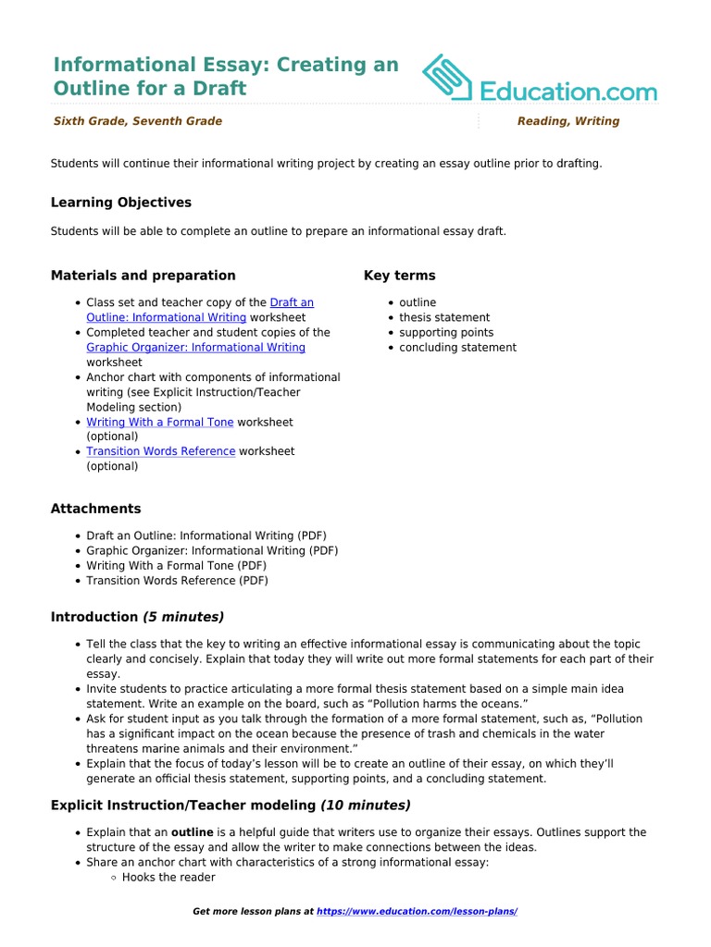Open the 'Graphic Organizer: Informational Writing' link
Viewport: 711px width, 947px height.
pos(195,348)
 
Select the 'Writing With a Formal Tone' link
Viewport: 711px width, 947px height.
pos(159,422)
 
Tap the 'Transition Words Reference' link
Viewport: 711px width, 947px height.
pos(160,451)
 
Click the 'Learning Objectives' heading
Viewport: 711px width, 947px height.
pos(120,202)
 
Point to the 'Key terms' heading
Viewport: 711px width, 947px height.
pos(399,276)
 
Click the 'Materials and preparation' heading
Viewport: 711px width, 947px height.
pos(143,276)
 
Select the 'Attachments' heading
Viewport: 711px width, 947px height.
pos(95,509)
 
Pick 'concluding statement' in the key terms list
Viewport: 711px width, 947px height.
pos(457,348)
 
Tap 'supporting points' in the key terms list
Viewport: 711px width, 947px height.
pos(446,332)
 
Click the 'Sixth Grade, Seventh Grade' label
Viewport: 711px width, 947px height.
pos(137,121)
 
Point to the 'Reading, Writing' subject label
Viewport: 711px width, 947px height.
pos(568,121)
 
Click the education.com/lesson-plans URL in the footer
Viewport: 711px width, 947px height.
pos(417,912)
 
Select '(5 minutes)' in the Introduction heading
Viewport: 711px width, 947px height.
pos(182,617)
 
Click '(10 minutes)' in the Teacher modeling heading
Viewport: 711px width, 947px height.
pos(365,806)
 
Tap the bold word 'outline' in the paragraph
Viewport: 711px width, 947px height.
pos(195,832)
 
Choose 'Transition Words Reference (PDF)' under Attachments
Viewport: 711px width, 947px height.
pos(177,581)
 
